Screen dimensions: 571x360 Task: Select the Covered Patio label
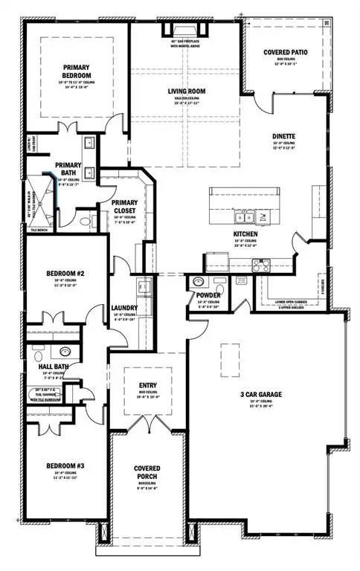[283, 53]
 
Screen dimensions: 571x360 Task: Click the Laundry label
[123, 307]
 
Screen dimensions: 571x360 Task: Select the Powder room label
[207, 296]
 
